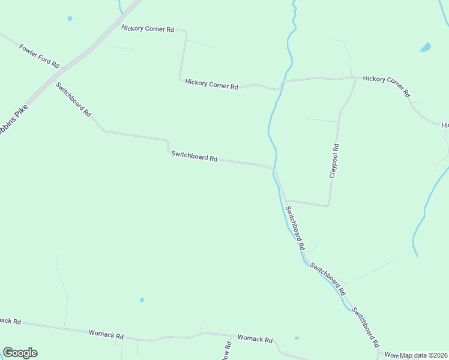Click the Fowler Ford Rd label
click(39, 56)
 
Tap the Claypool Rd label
click(335, 161)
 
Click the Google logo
click(20, 353)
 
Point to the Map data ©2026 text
click(424, 355)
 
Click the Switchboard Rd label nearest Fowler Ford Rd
click(74, 99)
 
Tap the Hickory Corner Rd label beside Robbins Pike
click(147, 28)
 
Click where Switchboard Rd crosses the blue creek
click(275, 170)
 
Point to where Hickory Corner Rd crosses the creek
click(283, 80)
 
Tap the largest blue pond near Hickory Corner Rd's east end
click(426, 47)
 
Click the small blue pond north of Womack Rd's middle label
click(142, 300)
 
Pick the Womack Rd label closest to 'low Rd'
click(255, 338)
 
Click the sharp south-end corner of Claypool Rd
click(328, 206)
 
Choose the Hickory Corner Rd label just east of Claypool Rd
click(386, 86)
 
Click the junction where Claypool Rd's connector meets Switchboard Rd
click(286, 200)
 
